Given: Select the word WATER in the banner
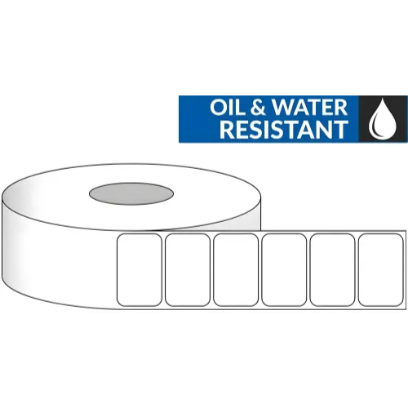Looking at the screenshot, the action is tap(309, 108).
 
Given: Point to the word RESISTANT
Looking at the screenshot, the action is tap(284, 130).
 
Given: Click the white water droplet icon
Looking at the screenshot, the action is tap(383, 118).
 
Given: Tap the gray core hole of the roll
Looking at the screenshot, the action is tap(131, 193).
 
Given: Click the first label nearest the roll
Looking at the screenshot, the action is tap(140, 270).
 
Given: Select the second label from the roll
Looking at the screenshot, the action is tap(188, 270).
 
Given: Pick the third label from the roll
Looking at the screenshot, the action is tap(236, 270).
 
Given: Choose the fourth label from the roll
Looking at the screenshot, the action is tap(284, 270).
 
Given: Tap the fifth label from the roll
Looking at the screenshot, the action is tap(332, 270).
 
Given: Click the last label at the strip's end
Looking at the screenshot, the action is tap(381, 270).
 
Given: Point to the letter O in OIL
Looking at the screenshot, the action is tap(219, 108).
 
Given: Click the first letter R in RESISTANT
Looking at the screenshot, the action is tap(226, 130).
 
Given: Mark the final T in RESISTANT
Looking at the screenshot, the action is tap(342, 130).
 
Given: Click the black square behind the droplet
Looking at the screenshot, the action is tap(384, 118).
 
